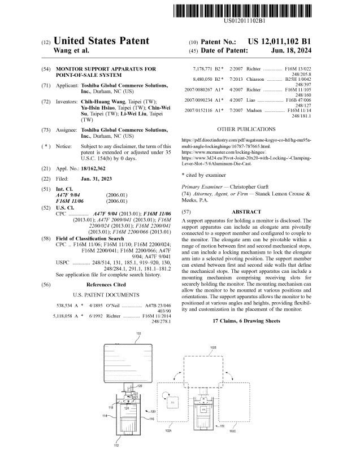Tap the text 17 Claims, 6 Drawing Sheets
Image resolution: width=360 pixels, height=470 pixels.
246,321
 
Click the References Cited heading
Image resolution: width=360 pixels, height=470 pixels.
106,285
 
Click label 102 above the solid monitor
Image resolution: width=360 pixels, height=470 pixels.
138,334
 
